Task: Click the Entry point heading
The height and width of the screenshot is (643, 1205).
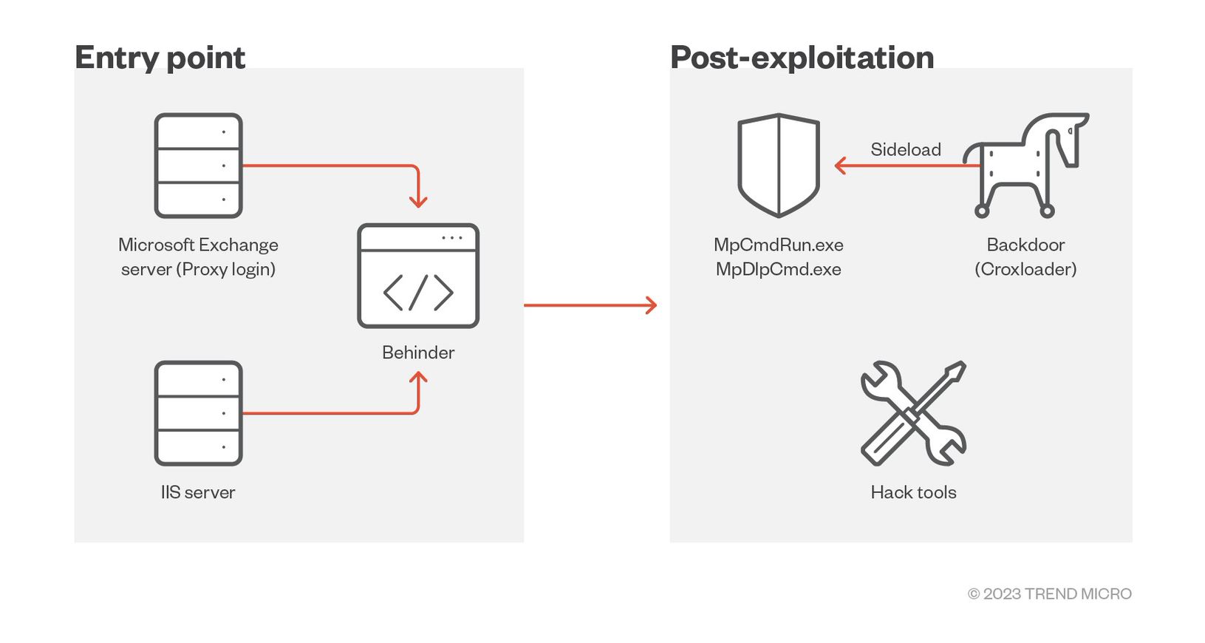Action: tap(160, 58)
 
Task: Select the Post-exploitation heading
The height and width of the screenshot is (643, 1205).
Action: tap(802, 58)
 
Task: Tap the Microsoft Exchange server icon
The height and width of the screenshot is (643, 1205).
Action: tap(198, 166)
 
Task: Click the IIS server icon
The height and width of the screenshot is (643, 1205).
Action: tap(198, 413)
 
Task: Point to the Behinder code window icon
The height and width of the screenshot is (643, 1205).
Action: tap(418, 276)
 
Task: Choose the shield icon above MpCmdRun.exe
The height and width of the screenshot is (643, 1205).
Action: tap(779, 165)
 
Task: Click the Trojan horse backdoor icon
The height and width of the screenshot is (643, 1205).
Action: tap(1027, 165)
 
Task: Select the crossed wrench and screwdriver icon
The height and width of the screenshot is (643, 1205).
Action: tap(913, 413)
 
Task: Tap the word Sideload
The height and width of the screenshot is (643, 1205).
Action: tap(906, 149)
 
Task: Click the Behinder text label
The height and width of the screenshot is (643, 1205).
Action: tap(418, 353)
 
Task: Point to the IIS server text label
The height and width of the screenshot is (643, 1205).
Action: tap(198, 492)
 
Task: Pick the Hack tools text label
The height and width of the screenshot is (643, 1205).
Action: tap(913, 492)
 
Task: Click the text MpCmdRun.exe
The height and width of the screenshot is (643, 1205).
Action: tap(779, 245)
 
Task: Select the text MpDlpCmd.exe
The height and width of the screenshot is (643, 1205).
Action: tap(779, 269)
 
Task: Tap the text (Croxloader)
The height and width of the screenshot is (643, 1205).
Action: tap(1025, 269)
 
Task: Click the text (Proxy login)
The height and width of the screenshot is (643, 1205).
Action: tap(225, 269)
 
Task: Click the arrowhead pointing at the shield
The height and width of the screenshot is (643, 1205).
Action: tap(839, 166)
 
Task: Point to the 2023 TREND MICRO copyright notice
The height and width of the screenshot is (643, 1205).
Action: tap(1049, 593)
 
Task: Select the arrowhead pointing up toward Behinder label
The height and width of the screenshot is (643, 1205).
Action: tap(418, 377)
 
